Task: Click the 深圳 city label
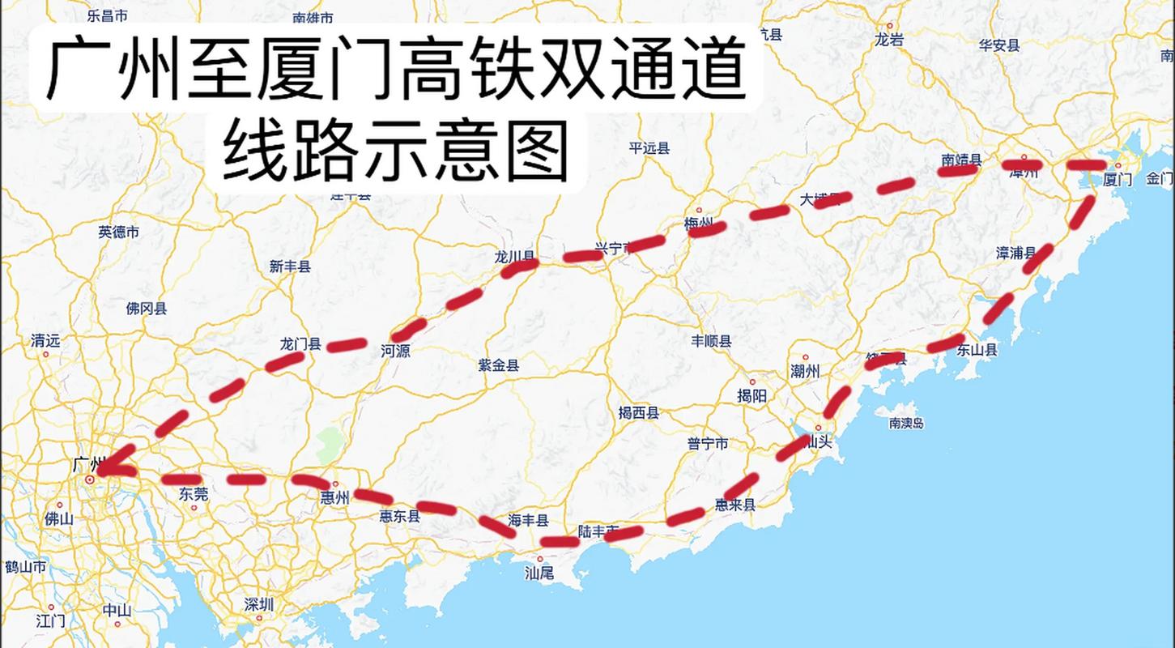point(259,604)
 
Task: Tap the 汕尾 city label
point(539,573)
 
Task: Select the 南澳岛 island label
point(906,423)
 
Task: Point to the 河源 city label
point(395,351)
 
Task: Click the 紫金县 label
point(499,365)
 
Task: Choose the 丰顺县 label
point(711,341)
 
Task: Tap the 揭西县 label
point(639,413)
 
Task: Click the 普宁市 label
point(708,443)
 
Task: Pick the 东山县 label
point(977,350)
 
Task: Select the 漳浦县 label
point(1015,253)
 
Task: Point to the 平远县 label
point(649,147)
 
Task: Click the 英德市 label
point(119,232)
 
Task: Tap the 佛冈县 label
point(147,308)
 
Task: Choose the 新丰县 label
point(290,266)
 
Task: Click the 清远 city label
point(45,341)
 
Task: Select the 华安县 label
point(998,45)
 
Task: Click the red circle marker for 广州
point(90,480)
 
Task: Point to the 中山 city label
point(117,611)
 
